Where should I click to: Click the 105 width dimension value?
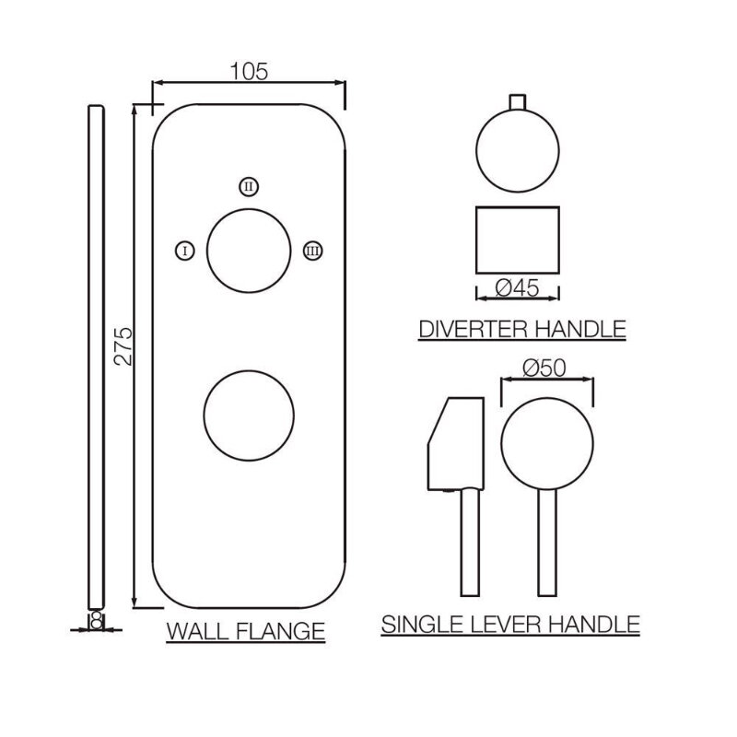[249, 72]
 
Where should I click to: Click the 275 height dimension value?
[123, 346]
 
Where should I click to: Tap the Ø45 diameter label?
[517, 287]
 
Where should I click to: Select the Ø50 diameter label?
[544, 368]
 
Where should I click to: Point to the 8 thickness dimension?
[97, 621]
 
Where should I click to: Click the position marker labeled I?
[185, 251]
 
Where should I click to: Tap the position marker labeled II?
[249, 187]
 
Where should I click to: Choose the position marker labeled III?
[312, 251]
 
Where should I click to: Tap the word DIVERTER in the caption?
[474, 329]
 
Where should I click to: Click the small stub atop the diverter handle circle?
[518, 102]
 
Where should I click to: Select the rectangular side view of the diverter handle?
[518, 240]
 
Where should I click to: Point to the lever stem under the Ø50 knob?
[547, 543]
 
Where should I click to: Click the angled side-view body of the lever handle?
[456, 444]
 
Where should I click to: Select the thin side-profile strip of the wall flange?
[97, 357]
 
